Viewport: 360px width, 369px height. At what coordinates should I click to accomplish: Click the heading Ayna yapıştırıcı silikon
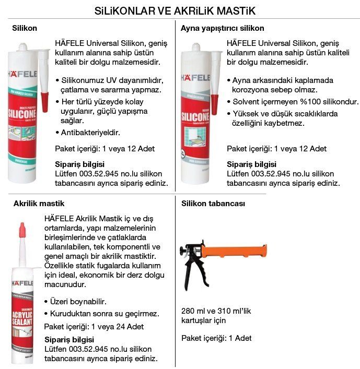(x=222, y=28)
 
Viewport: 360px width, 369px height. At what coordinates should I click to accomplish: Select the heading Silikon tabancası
(x=213, y=204)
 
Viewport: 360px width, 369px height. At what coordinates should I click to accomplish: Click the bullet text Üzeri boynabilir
(x=78, y=302)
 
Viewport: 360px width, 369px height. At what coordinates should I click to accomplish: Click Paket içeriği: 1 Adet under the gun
(x=216, y=338)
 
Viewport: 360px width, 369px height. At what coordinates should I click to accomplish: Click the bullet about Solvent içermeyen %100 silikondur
(x=295, y=102)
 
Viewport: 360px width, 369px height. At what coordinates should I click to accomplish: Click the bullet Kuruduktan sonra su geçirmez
(x=104, y=314)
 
